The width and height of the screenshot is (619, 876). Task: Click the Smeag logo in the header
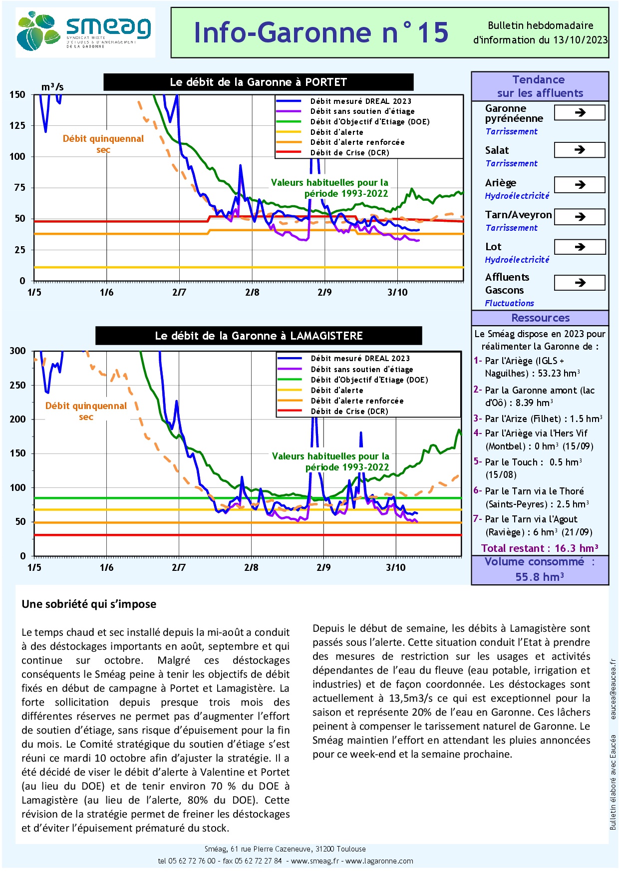click(x=85, y=32)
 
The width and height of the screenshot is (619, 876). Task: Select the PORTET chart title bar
click(x=258, y=82)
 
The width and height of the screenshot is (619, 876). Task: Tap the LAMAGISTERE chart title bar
click(x=259, y=336)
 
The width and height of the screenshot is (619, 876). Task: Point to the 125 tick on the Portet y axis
click(x=17, y=125)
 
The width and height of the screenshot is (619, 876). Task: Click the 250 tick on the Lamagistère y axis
click(x=17, y=385)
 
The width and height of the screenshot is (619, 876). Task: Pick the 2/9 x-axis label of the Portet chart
click(x=324, y=293)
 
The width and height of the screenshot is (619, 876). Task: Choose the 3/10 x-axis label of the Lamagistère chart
click(x=396, y=568)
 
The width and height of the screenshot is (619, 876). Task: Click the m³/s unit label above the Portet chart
click(x=52, y=87)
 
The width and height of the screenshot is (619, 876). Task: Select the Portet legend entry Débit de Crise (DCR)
click(x=349, y=153)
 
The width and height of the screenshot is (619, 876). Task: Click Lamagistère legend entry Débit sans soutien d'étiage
click(x=361, y=369)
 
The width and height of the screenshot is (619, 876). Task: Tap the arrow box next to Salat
click(x=580, y=150)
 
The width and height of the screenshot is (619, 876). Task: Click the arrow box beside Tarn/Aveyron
click(x=580, y=217)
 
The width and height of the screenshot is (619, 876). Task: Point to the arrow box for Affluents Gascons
click(x=580, y=283)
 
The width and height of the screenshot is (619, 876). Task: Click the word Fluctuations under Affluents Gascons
click(x=509, y=303)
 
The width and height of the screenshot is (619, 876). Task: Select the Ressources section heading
click(x=540, y=318)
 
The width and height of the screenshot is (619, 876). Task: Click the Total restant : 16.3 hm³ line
click(x=540, y=548)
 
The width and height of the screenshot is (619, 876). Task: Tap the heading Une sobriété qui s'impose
click(x=89, y=604)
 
